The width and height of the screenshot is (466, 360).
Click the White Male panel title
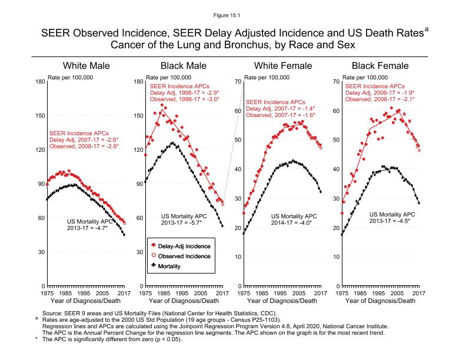(86, 66)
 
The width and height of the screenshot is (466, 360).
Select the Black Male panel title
(184, 66)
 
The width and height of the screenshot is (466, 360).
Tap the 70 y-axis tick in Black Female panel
(335, 81)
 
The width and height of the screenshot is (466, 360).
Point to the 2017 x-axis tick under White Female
(319, 293)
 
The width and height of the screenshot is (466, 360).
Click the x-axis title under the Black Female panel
(380, 301)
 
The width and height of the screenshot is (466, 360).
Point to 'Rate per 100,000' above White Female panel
(267, 77)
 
